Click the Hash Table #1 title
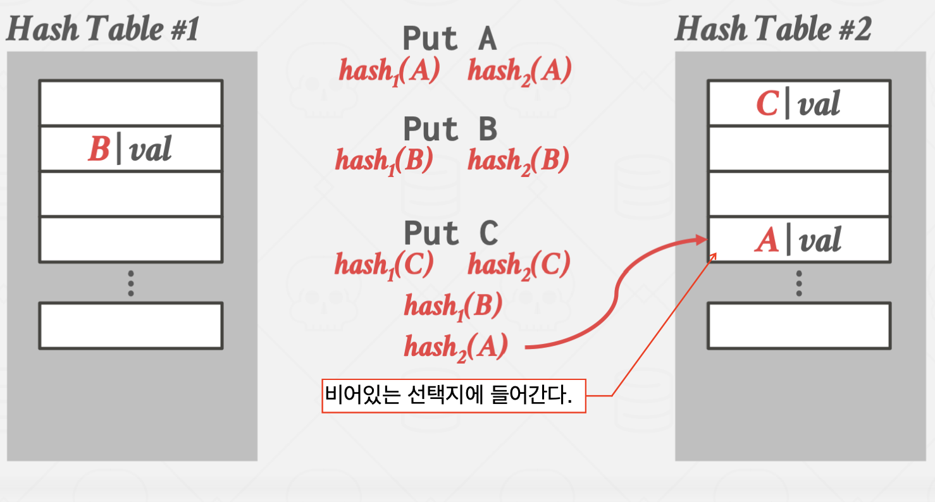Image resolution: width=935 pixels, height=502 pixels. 102,29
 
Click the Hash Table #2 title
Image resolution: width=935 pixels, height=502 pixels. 772,29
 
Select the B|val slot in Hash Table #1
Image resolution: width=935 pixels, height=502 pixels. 130,149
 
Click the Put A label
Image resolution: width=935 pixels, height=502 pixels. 450,39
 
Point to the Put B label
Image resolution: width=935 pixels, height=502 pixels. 450,130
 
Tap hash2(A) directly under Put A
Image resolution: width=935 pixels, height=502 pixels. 519,70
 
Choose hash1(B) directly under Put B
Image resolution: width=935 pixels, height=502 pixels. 384,161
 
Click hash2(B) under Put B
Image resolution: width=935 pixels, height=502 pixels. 518,161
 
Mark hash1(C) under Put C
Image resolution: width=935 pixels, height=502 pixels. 384,264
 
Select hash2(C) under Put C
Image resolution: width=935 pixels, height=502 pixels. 519,264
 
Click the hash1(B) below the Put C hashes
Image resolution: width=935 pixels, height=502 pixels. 453,307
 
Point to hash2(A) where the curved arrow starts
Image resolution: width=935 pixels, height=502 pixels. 455,347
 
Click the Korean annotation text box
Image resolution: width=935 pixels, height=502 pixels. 454,396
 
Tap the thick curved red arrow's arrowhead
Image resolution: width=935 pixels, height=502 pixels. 700,240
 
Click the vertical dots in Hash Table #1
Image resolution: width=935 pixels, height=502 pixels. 130,283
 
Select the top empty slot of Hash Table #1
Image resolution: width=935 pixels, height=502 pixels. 130,103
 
